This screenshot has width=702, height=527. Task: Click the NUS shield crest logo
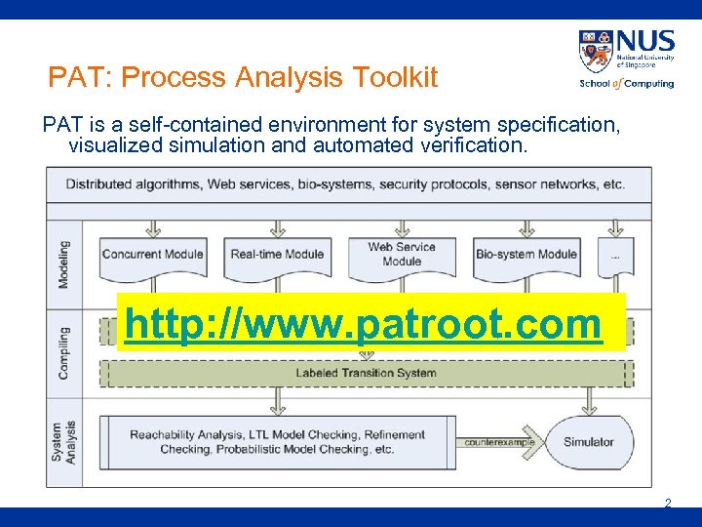click(x=595, y=51)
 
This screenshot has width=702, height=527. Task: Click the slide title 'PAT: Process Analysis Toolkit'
click(x=243, y=77)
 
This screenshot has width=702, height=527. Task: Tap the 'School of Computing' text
click(x=626, y=84)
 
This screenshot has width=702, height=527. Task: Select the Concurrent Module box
click(x=152, y=256)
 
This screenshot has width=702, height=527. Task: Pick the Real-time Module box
click(x=277, y=256)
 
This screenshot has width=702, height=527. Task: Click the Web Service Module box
click(x=402, y=256)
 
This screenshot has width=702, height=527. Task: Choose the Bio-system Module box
click(x=526, y=256)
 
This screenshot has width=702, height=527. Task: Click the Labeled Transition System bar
click(x=366, y=373)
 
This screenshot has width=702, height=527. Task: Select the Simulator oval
click(x=588, y=442)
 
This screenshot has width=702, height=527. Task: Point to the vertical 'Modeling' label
click(x=64, y=263)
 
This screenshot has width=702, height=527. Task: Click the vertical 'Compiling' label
click(x=64, y=351)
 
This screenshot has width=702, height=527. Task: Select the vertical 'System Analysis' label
click(x=64, y=441)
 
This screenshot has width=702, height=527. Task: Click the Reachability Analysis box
click(x=277, y=442)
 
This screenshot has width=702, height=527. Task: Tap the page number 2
click(x=668, y=504)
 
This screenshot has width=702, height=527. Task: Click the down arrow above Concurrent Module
click(x=152, y=227)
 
